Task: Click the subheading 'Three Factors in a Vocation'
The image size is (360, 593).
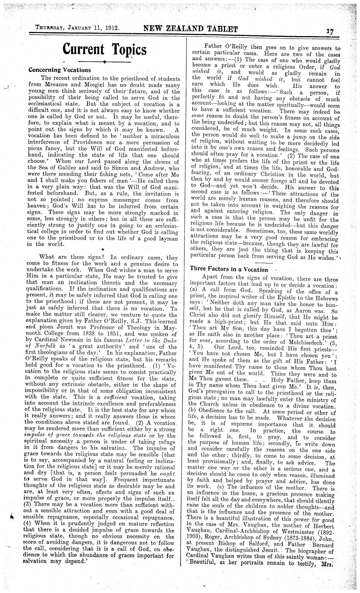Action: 229,269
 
